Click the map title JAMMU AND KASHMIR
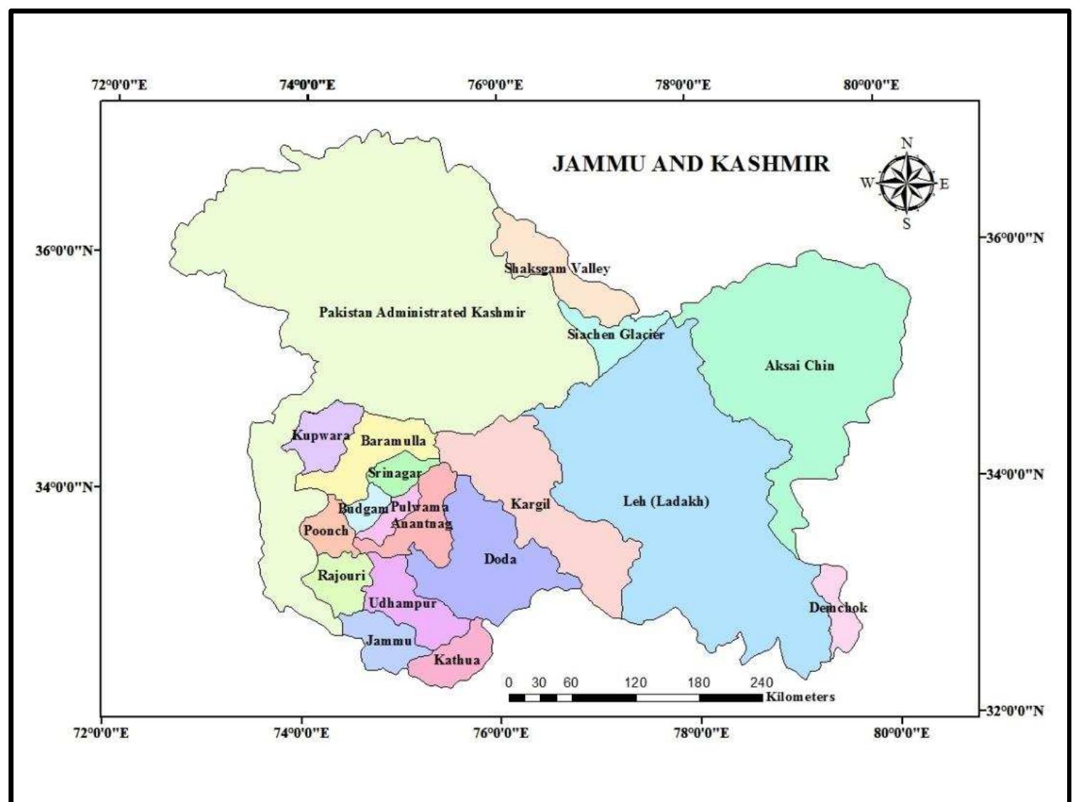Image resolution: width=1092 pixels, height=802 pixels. [691, 164]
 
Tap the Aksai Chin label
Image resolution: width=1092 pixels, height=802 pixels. [799, 365]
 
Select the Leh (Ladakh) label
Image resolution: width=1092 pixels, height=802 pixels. [666, 501]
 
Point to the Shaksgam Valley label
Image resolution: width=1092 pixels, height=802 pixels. [557, 269]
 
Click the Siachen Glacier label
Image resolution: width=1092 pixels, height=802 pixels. [615, 334]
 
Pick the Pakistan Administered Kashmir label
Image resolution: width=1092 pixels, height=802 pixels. [422, 312]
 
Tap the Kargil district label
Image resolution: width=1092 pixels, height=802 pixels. [530, 505]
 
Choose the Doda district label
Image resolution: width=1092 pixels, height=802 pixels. [500, 559]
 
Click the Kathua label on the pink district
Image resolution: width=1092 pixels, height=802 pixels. [457, 660]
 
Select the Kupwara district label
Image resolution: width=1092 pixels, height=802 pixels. [320, 436]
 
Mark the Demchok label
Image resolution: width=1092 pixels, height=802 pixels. [838, 608]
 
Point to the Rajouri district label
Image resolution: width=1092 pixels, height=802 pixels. [341, 575]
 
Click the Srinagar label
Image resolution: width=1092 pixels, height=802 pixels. [394, 473]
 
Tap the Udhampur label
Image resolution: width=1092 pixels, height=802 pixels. [402, 603]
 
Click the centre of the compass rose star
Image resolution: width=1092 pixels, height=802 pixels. [907, 183]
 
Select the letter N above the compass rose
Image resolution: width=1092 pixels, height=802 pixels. [907, 143]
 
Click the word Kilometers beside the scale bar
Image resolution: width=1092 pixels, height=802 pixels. [800, 697]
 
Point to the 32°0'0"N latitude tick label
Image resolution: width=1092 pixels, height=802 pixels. [1014, 710]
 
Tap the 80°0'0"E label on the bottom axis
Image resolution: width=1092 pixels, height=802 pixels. [902, 733]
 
